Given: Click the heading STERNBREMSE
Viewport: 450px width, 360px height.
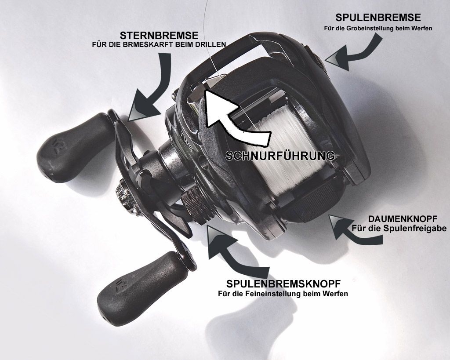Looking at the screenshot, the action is pyautogui.click(x=159, y=35).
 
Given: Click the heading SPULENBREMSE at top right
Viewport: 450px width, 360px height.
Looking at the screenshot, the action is pyautogui.click(x=378, y=18).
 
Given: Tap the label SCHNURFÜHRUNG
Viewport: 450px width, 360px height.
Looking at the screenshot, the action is pyautogui.click(x=280, y=156).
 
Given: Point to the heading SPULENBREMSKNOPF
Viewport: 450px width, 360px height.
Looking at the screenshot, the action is pyautogui.click(x=283, y=284).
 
